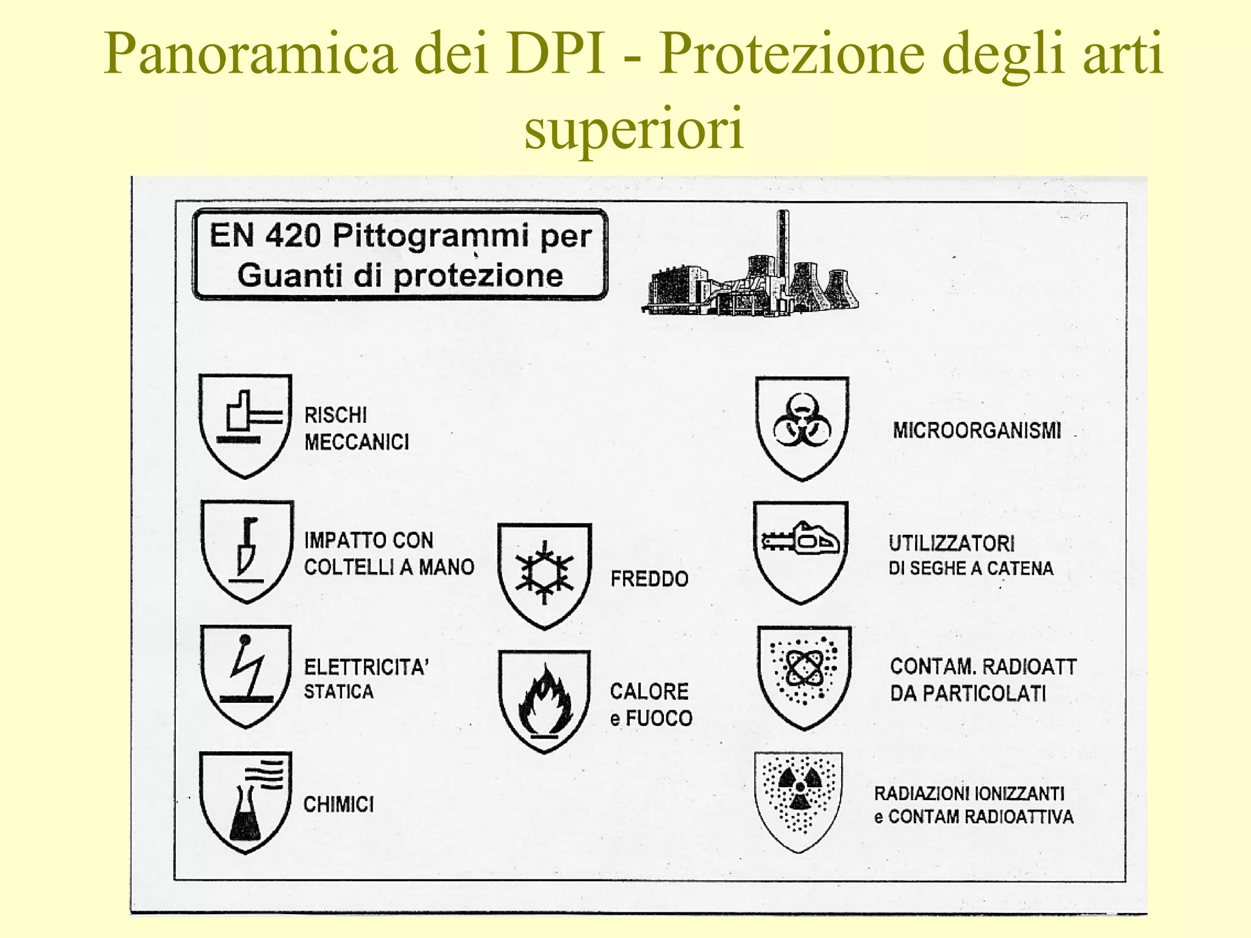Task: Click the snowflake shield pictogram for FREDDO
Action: coord(544,574)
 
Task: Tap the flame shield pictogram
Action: coord(544,700)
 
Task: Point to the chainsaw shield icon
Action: coord(801,551)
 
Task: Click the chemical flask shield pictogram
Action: coord(246,801)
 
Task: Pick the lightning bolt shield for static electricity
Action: coord(246,675)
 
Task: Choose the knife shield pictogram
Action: coord(247,550)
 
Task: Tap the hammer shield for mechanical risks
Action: coord(246,424)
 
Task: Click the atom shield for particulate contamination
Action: coord(804,676)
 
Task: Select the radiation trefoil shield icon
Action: coord(798,800)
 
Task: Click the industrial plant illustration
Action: coord(751,269)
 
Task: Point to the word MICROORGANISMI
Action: coord(977,431)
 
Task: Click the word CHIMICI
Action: coord(338,804)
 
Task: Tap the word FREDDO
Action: coord(649,578)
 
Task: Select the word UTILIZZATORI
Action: coord(951,543)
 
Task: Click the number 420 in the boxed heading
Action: coord(293,236)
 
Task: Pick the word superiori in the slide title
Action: coord(634,127)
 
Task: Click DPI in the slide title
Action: coord(555,53)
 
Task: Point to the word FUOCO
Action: coord(659,718)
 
